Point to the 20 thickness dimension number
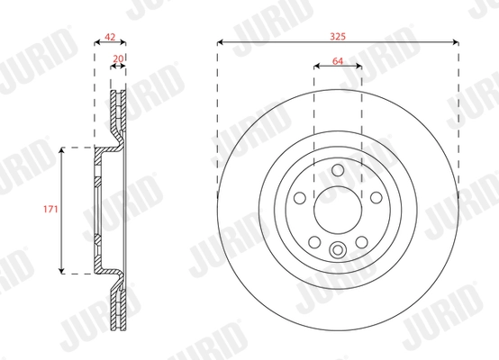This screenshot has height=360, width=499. click(x=118, y=60)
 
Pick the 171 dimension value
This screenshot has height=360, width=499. click(x=50, y=210)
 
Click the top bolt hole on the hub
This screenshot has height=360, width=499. click(x=338, y=171)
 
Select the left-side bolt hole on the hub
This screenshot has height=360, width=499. click(x=301, y=198)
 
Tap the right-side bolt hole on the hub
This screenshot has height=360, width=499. click(x=375, y=198)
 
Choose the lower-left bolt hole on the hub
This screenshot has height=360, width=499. click(x=314, y=241)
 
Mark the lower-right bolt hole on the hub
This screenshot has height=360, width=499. click(x=361, y=241)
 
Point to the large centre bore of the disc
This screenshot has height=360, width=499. click(x=338, y=211)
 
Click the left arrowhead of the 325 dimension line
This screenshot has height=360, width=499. click(x=221, y=41)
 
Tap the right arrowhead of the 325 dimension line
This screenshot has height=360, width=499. click(x=456, y=41)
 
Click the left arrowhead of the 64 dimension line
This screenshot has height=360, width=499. click(x=316, y=67)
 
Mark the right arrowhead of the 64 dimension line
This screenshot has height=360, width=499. click(x=359, y=67)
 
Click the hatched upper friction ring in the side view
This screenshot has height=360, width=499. click(x=118, y=112)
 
